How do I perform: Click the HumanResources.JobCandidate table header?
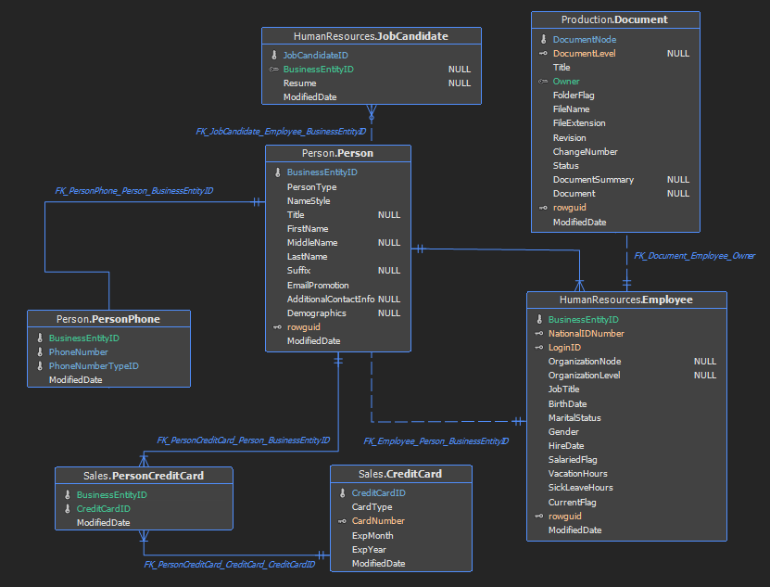[371, 36]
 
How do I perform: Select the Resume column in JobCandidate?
[299, 83]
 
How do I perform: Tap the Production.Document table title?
[614, 19]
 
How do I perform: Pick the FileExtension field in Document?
[579, 123]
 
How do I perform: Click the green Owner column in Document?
[566, 81]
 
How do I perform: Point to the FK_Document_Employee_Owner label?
[694, 256]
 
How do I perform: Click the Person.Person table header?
[337, 153]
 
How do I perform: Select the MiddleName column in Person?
[312, 242]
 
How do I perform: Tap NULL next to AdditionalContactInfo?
[389, 299]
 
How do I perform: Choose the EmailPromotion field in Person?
[318, 285]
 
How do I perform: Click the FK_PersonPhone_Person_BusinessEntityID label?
[134, 191]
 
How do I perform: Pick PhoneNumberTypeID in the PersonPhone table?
[94, 365]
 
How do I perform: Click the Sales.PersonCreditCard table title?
[144, 476]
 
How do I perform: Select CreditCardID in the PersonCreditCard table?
[103, 508]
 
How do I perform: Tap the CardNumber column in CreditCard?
[378, 520]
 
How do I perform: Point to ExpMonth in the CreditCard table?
[372, 535]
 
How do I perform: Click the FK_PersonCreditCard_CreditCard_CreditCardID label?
[229, 565]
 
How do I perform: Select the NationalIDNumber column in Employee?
[587, 333]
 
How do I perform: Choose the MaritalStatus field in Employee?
[574, 418]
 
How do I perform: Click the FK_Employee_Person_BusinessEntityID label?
[436, 441]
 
